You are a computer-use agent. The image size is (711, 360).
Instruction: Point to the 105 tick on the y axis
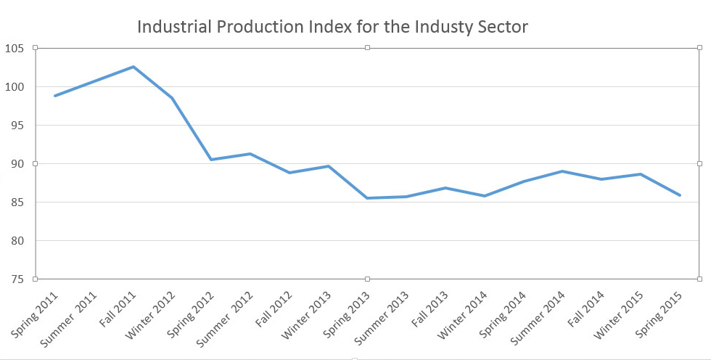click(15, 49)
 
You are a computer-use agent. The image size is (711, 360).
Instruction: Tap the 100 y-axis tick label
click(15, 87)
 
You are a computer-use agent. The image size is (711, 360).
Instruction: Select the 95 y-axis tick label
click(17, 126)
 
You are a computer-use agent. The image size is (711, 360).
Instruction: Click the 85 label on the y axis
click(17, 202)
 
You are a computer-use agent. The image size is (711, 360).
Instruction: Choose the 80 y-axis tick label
click(17, 241)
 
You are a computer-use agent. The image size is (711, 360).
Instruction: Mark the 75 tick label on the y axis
click(17, 279)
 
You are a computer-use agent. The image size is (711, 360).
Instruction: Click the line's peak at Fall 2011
click(133, 67)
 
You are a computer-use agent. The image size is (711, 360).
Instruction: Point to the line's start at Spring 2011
click(55, 96)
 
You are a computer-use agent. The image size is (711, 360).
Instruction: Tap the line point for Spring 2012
click(211, 160)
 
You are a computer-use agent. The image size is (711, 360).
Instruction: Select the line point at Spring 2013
click(368, 198)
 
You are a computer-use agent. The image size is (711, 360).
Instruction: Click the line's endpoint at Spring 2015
click(680, 195)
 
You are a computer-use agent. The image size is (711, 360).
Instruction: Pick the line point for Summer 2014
click(563, 171)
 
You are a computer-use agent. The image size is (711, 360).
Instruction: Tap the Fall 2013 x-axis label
click(429, 311)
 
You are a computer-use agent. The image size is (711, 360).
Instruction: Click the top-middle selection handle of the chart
click(368, 47)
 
